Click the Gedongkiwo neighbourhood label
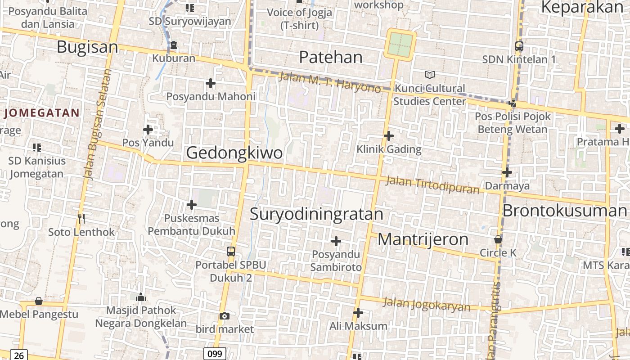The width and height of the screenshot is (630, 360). click(234, 153)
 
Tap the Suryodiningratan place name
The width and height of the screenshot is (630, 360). click(316, 214)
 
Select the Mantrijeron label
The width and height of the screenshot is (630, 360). click(423, 239)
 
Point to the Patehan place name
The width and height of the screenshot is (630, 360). click(331, 57)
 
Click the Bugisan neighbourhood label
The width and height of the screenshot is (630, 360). click(87, 47)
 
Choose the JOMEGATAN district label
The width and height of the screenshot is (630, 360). click(42, 112)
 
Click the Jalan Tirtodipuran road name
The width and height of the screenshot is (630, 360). click(432, 184)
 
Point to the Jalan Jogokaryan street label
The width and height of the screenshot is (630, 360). click(426, 305)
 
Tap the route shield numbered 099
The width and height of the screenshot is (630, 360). click(214, 354)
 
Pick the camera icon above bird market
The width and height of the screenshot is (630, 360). click(225, 316)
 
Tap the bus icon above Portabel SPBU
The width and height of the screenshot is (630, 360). click(231, 251)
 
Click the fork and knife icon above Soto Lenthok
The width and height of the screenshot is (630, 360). click(81, 219)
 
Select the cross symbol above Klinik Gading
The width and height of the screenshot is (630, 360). click(389, 135)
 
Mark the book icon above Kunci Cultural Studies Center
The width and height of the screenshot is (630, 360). click(430, 75)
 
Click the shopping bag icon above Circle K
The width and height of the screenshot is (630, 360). click(498, 239)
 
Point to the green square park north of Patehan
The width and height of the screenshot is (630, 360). click(400, 44)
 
